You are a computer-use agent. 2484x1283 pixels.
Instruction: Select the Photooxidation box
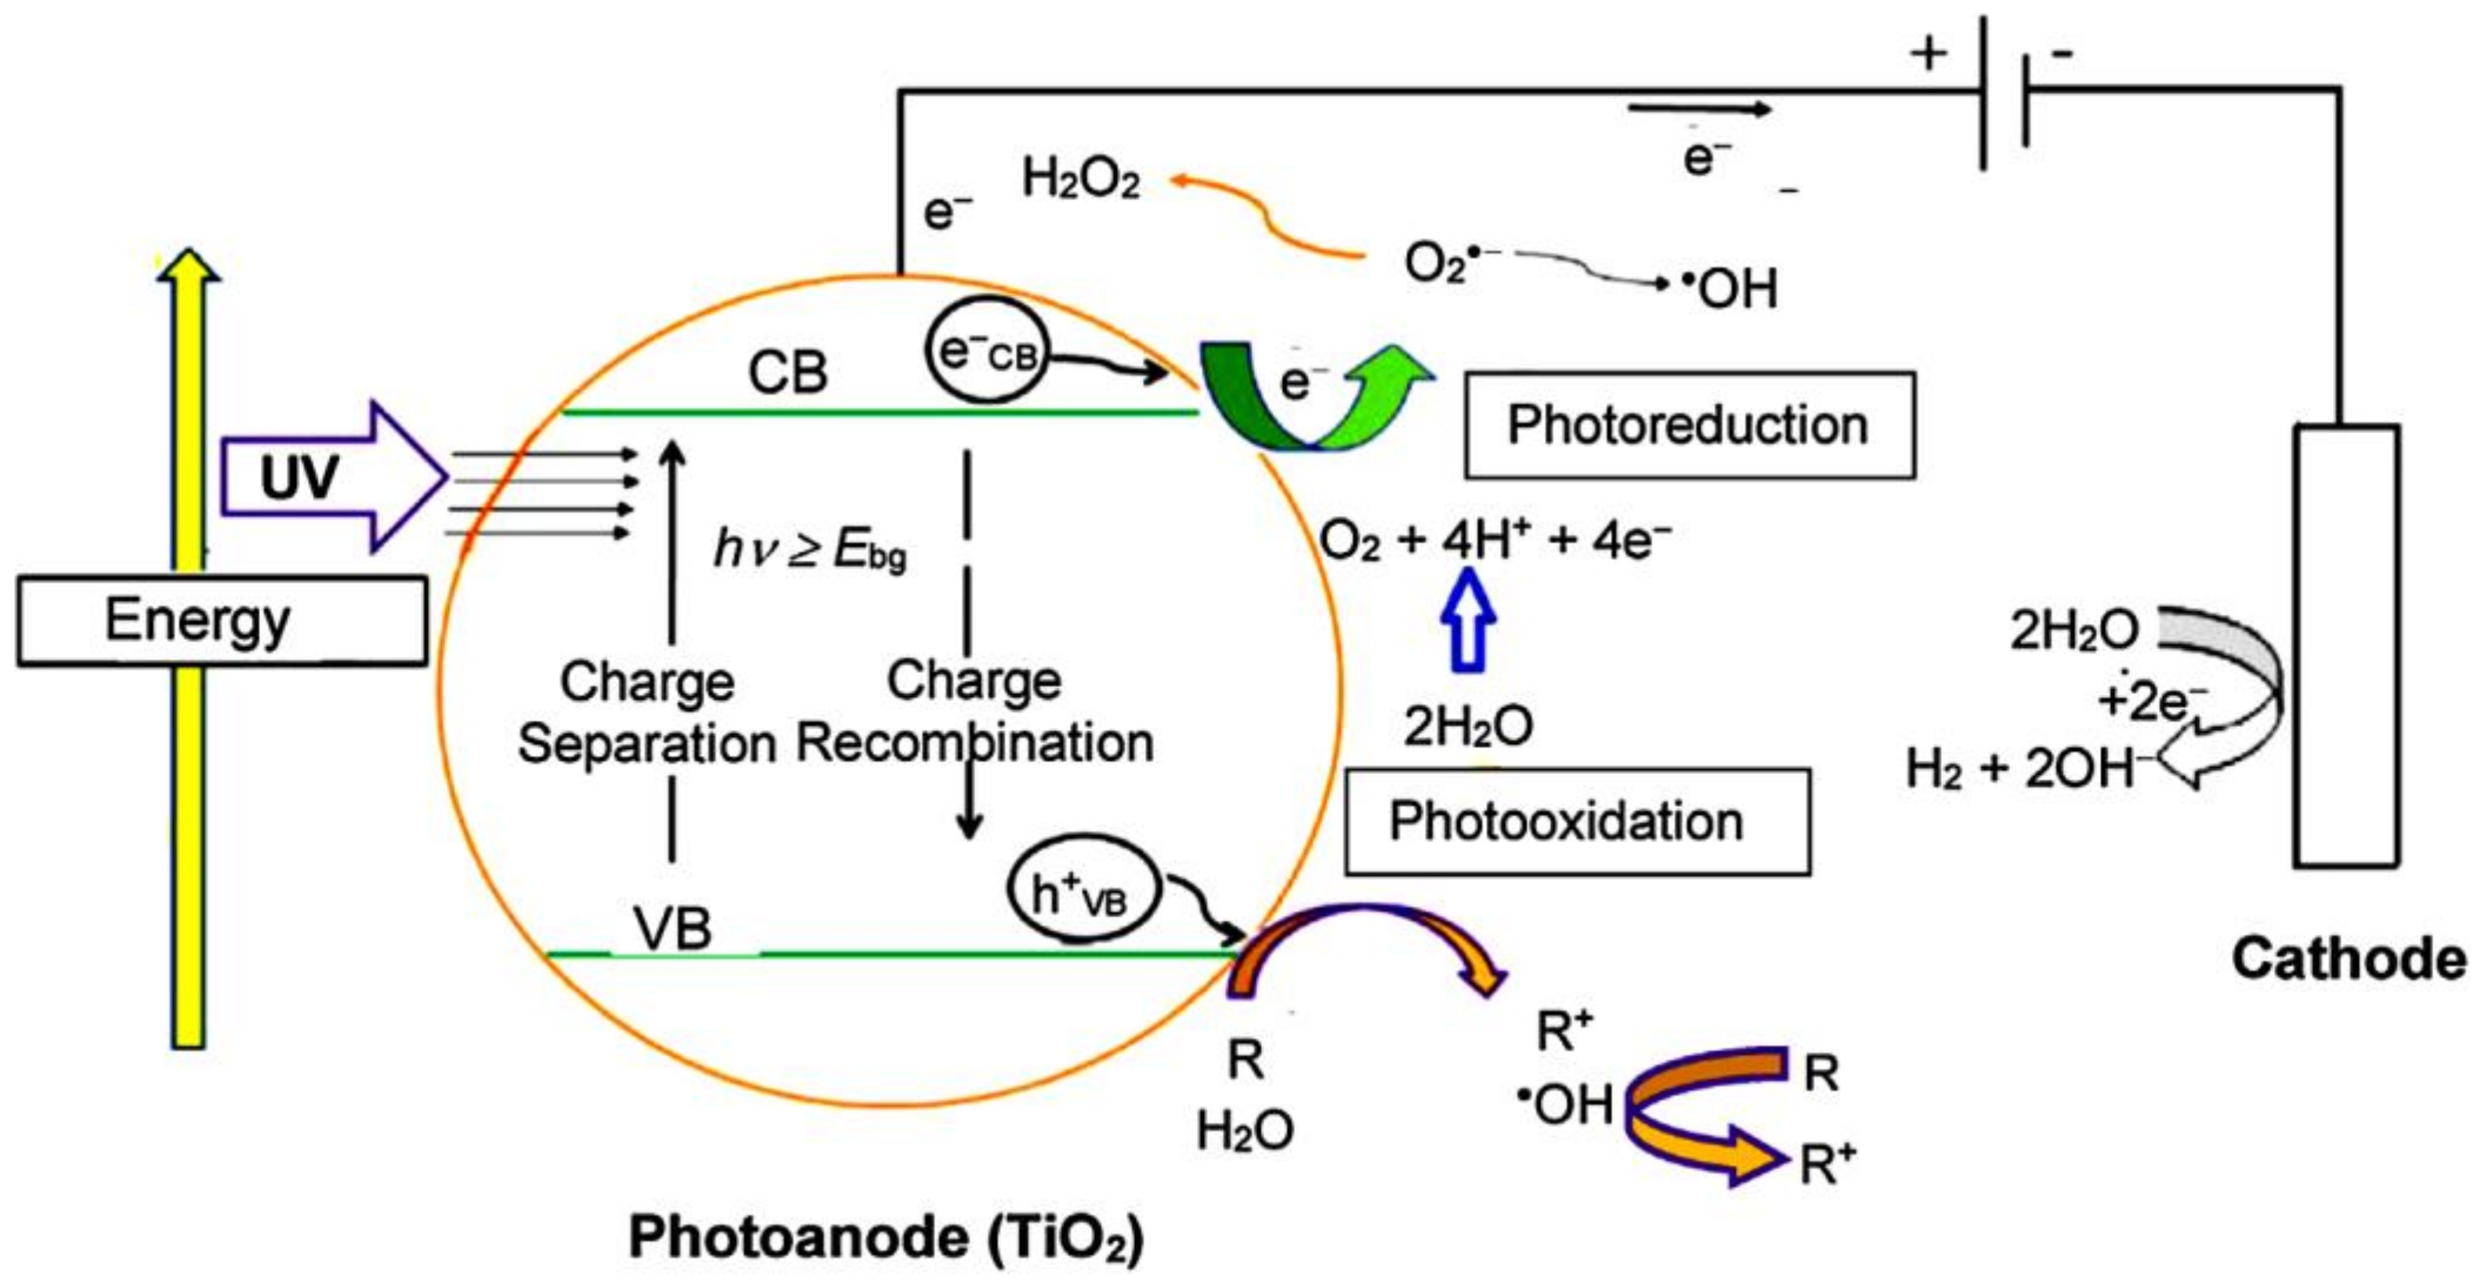(1577, 822)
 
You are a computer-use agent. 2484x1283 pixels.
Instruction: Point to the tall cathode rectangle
(2346, 646)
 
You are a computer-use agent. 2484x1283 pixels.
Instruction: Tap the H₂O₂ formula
(1080, 180)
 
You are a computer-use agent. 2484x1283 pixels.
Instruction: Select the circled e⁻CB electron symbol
(985, 352)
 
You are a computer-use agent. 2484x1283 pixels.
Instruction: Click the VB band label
(673, 928)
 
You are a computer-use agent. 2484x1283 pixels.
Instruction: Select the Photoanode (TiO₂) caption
(885, 1238)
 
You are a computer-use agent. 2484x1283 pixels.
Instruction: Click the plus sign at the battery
(1929, 54)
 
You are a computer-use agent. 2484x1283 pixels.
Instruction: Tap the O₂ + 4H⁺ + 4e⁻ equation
(1495, 540)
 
